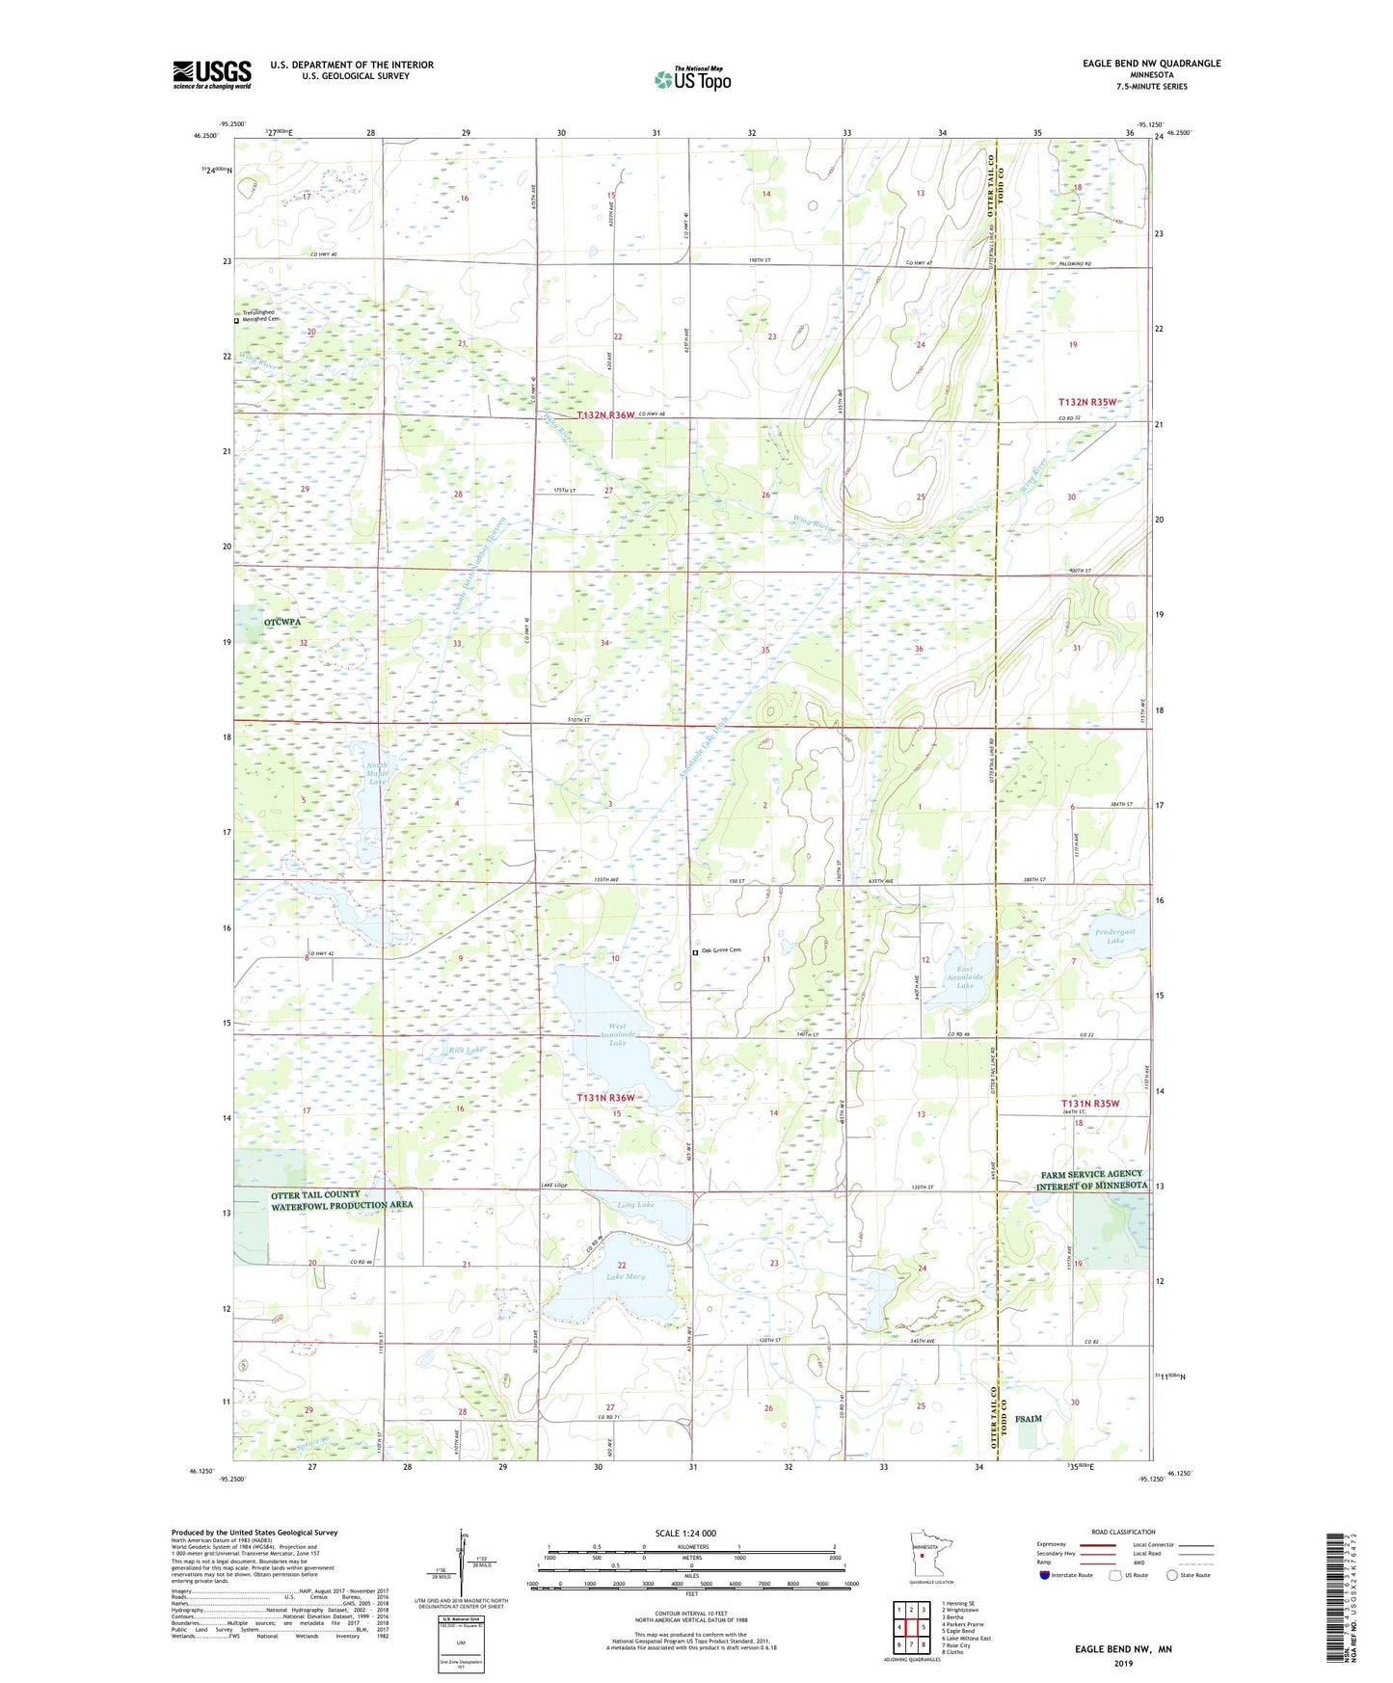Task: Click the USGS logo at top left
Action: [x=212, y=74]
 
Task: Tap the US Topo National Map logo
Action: [x=692, y=78]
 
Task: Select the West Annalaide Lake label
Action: [x=617, y=1034]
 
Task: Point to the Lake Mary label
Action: [x=626, y=1276]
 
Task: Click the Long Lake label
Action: [x=635, y=1205]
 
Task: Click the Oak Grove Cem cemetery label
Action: [x=721, y=951]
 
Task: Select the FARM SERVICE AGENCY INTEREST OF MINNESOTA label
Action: [x=1093, y=1180]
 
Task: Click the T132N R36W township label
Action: [x=605, y=414]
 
